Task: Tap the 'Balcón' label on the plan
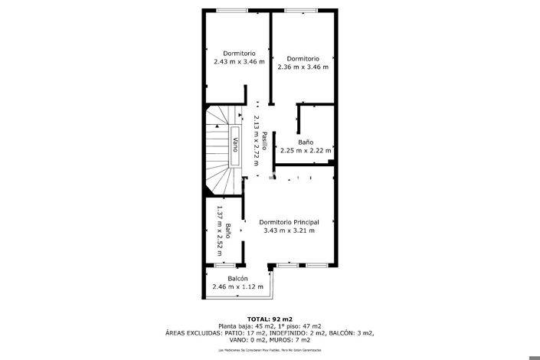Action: coord(237,278)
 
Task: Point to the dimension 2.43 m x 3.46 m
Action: coord(239,61)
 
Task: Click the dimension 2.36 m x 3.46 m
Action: coord(303,67)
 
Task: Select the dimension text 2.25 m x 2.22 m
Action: coord(306,150)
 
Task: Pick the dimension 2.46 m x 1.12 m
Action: coord(237,286)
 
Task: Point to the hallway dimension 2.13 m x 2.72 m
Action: coord(256,142)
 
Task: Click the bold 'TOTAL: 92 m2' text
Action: coord(270,319)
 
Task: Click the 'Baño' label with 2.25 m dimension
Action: coord(306,142)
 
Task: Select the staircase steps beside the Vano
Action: coord(218,146)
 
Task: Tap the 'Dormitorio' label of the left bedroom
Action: coord(239,53)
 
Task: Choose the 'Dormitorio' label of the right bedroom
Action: coord(303,58)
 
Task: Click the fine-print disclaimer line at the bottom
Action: coord(270,349)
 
